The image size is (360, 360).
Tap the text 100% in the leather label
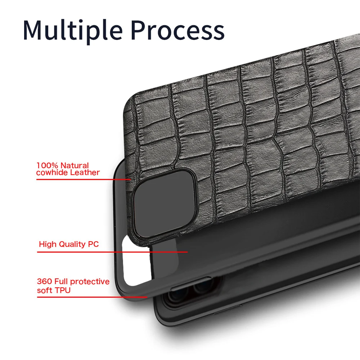click(x=48, y=166)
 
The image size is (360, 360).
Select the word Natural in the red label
click(x=75, y=166)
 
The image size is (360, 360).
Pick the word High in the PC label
click(x=48, y=244)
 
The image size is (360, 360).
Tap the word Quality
click(x=72, y=244)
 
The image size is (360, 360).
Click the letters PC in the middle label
click(x=93, y=244)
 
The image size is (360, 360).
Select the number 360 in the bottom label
click(x=45, y=282)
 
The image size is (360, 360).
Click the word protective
click(x=90, y=282)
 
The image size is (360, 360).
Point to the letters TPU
click(x=62, y=290)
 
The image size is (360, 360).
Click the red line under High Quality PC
click(x=112, y=252)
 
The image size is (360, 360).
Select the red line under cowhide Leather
click(x=83, y=179)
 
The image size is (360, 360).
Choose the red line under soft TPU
click(x=92, y=297)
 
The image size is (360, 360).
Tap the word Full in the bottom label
click(x=62, y=282)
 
